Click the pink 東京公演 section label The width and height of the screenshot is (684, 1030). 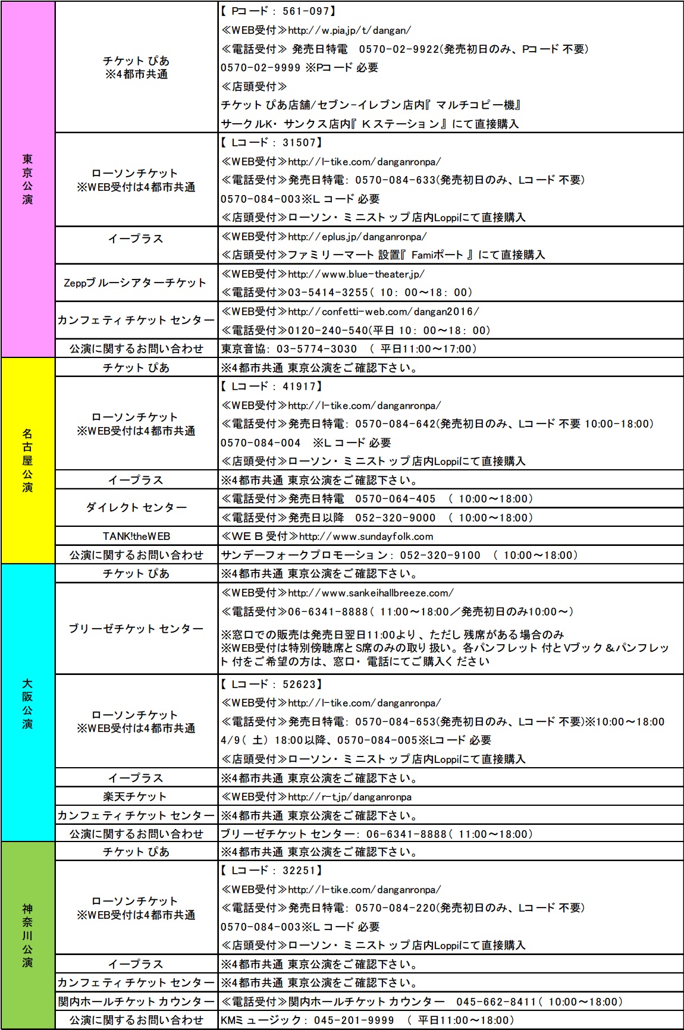click(x=27, y=179)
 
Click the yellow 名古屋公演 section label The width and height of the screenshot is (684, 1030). click(x=27, y=460)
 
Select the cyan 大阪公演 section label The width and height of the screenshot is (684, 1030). click(x=27, y=703)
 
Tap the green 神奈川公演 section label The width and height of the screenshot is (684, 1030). click(x=27, y=935)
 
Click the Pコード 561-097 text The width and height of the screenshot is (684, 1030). click(x=278, y=11)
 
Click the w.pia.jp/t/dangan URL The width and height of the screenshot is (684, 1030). click(x=349, y=30)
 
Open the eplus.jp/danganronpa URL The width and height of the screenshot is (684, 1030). click(x=357, y=237)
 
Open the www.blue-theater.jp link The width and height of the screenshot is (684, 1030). click(x=356, y=274)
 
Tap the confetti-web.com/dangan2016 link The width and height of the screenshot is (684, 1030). click(x=383, y=312)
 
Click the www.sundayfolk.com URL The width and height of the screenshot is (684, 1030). click(x=366, y=536)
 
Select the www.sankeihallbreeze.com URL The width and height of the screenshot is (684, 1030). click(x=371, y=593)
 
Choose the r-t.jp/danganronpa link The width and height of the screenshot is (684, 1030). click(x=350, y=797)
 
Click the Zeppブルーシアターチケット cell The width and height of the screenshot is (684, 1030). click(x=136, y=283)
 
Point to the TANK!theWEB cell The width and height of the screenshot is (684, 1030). click(x=136, y=536)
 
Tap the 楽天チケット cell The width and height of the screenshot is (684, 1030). click(x=136, y=797)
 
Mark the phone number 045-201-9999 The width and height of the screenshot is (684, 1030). click(x=353, y=1020)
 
